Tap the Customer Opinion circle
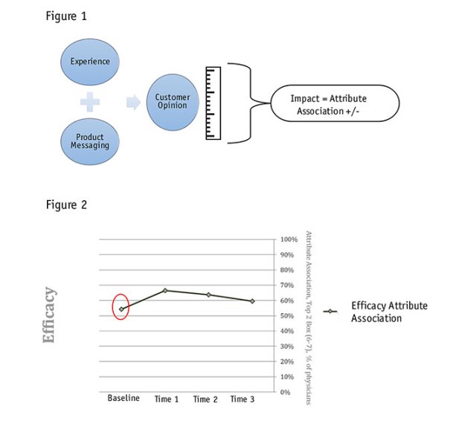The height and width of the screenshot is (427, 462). point(173,103)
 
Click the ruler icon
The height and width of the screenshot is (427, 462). point(214,103)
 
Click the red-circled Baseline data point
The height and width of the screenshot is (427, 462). point(121,309)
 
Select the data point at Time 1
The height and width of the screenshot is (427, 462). point(165,290)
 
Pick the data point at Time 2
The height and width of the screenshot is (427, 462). point(208,295)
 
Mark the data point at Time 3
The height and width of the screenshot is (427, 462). point(252,301)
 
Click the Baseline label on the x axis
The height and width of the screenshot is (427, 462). point(123,399)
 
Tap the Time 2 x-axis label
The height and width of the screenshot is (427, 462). point(206,399)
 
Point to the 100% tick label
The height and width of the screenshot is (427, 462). point(289,240)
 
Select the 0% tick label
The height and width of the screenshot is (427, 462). point(286,392)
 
